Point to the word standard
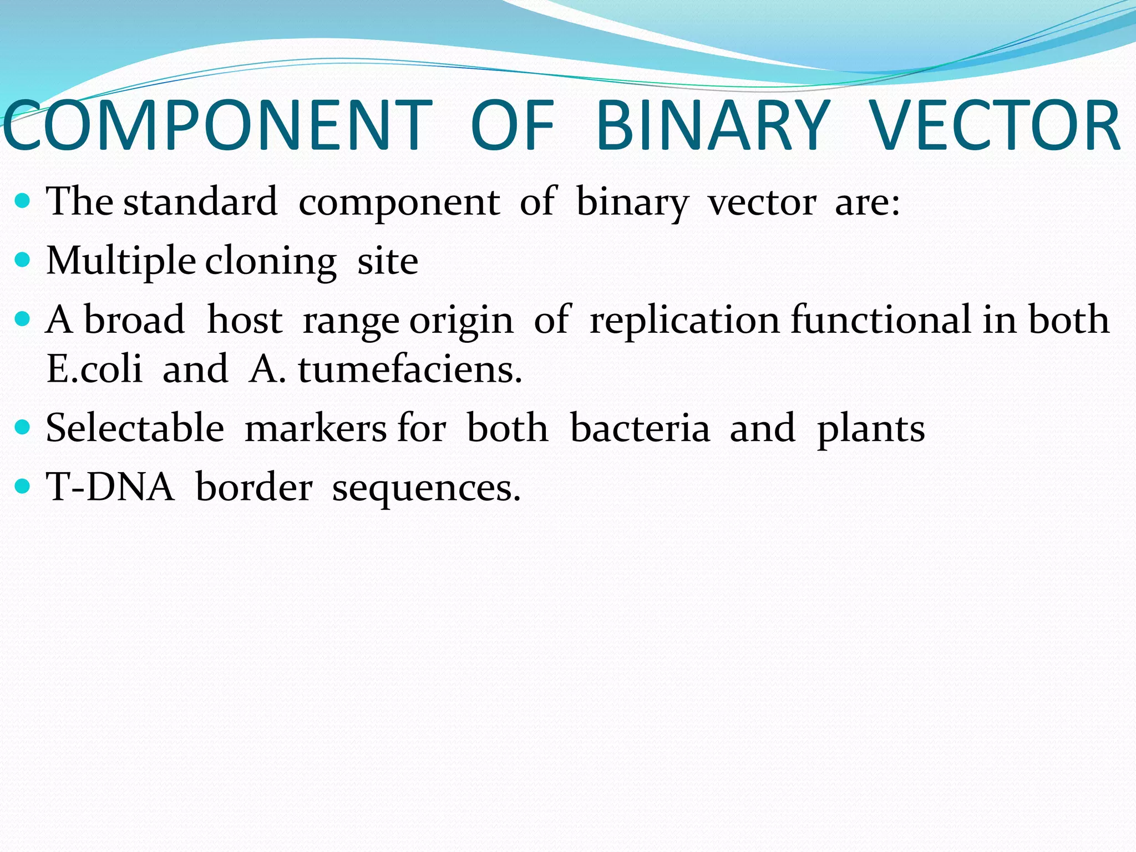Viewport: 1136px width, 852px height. [200, 201]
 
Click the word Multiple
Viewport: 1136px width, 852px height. [120, 261]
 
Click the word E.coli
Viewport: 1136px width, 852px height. [94, 369]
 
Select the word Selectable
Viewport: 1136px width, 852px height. [135, 428]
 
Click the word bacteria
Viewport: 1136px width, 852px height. [640, 428]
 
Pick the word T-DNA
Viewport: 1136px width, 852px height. [110, 487]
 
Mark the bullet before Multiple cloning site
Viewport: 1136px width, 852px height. [23, 260]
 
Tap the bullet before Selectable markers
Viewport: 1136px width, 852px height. [23, 427]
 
